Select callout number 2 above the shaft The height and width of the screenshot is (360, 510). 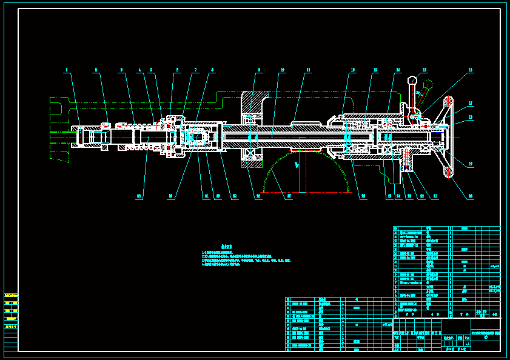[96, 71]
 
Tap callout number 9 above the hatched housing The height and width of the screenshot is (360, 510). [259, 71]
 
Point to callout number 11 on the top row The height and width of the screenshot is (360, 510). [308, 71]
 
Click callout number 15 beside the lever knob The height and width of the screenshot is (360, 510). [424, 71]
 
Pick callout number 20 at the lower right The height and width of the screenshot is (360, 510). [470, 196]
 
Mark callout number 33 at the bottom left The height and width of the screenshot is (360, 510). [139, 196]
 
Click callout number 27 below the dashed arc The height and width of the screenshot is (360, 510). [289, 196]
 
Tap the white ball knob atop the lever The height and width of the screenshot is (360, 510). [412, 79]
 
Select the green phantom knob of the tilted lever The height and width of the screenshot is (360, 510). [429, 84]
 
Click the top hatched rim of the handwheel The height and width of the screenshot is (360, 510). [449, 101]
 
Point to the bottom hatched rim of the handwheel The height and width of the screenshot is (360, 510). [449, 172]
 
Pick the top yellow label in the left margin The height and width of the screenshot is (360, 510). [11, 295]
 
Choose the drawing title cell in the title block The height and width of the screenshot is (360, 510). [485, 334]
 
